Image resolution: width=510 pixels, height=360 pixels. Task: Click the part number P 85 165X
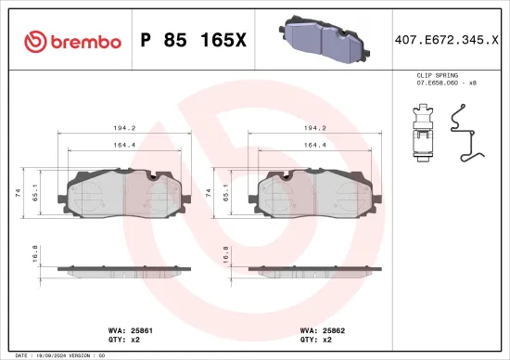tap(192, 40)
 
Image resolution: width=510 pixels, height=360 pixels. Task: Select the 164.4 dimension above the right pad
tap(316, 145)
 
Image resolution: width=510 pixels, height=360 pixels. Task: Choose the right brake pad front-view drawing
tap(316, 193)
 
